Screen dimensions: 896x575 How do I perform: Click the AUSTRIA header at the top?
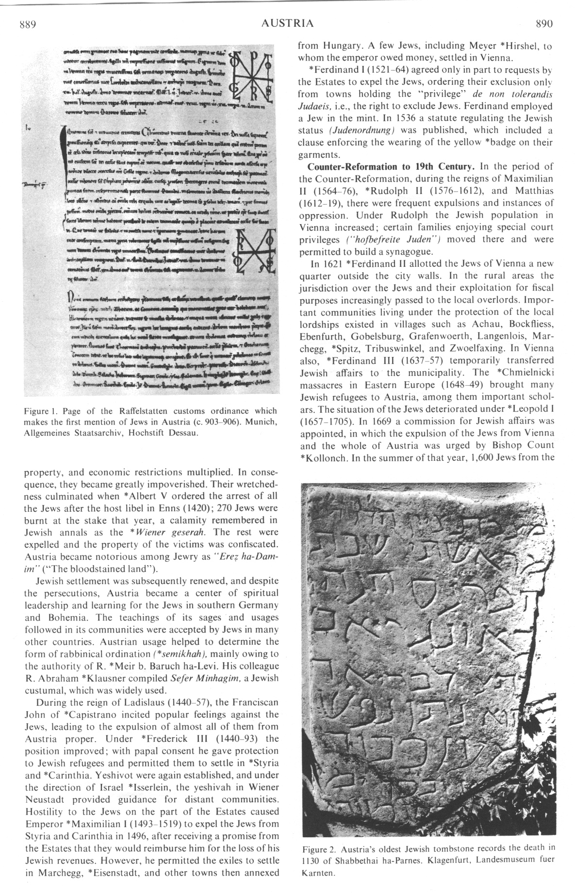point(287,23)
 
